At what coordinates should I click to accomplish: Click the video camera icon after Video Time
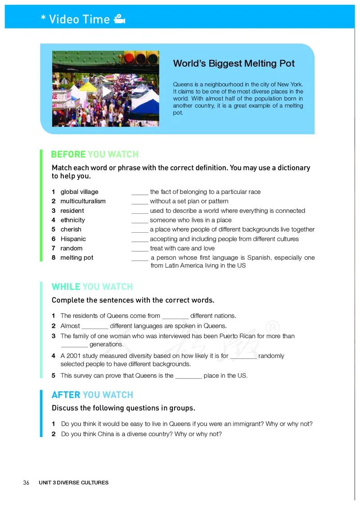pyautogui.click(x=119, y=19)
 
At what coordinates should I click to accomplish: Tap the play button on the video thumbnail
pyautogui.click(x=107, y=92)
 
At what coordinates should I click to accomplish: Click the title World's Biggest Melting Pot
pyautogui.click(x=234, y=63)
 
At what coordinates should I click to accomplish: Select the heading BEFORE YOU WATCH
pyautogui.click(x=94, y=154)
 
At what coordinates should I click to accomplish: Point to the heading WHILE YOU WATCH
pyautogui.click(x=92, y=287)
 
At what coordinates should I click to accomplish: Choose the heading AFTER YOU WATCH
pyautogui.click(x=92, y=395)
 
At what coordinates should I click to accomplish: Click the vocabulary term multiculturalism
pyautogui.click(x=83, y=201)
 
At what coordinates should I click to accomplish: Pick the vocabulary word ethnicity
pyautogui.click(x=72, y=220)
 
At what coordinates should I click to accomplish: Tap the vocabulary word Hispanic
pyautogui.click(x=73, y=239)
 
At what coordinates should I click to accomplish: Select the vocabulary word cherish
pyautogui.click(x=71, y=230)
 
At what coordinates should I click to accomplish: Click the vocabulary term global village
pyautogui.click(x=79, y=192)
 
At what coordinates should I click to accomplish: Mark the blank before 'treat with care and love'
pyautogui.click(x=139, y=249)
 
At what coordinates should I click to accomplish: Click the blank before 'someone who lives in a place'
pyautogui.click(x=139, y=221)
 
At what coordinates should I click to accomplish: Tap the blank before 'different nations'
pyautogui.click(x=175, y=316)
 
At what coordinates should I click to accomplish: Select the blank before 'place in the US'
pyautogui.click(x=188, y=376)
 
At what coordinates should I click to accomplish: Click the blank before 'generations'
pyautogui.click(x=74, y=345)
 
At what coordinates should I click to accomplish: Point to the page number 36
pyautogui.click(x=26, y=482)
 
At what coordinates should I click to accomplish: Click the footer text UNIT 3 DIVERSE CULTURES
pyautogui.click(x=73, y=482)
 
